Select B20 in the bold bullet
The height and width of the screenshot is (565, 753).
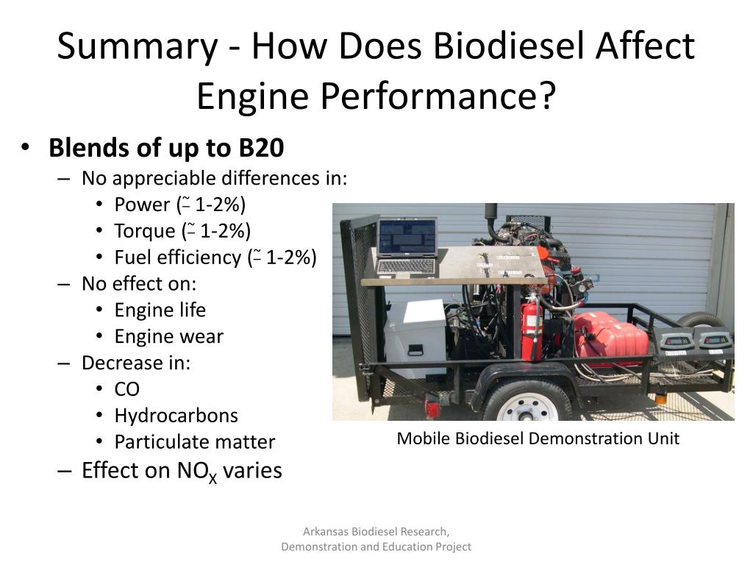pos(260,148)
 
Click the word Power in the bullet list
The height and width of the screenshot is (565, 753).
pos(142,205)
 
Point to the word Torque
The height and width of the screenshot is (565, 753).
pos(144,231)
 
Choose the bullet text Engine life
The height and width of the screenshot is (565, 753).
pos(160,310)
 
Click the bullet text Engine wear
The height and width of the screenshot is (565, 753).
pos(168,336)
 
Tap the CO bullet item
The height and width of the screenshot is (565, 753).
pos(126,389)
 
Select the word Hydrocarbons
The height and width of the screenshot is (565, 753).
pos(176,416)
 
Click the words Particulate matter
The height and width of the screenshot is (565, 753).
pos(194,442)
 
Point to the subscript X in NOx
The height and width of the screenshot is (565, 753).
pos(213,478)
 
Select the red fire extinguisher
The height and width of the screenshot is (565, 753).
pos(531,327)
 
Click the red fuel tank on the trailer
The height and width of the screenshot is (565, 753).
pos(610,338)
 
